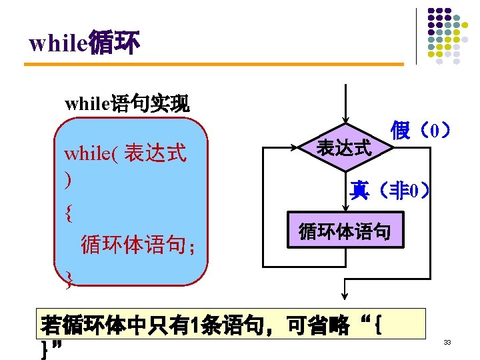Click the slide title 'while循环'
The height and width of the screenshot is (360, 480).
pyautogui.click(x=85, y=43)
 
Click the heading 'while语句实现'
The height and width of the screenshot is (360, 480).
pyautogui.click(x=127, y=103)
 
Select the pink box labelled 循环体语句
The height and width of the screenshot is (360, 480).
pyautogui.click(x=345, y=232)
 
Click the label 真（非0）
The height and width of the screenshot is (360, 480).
pyautogui.click(x=391, y=192)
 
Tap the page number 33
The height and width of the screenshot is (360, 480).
pyautogui.click(x=448, y=343)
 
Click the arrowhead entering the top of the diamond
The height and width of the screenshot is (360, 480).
pyautogui.click(x=345, y=119)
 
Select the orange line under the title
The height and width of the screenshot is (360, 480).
pyautogui.click(x=213, y=64)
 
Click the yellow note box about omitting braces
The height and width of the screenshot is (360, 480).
pyautogui.click(x=232, y=335)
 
